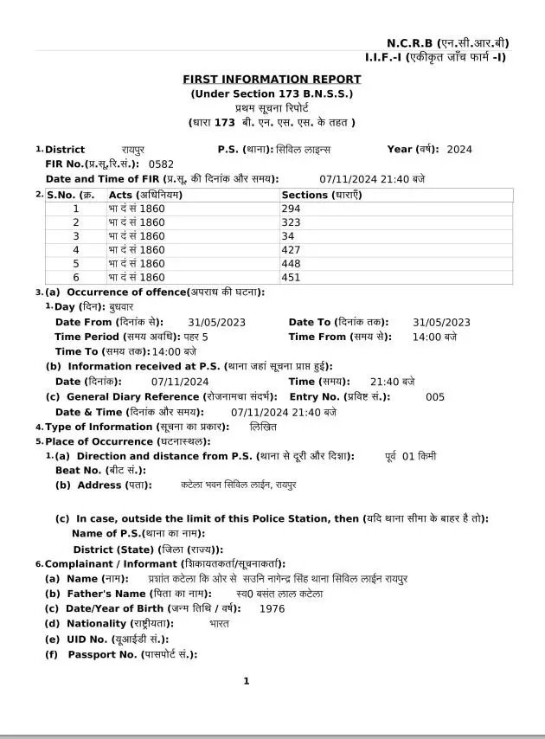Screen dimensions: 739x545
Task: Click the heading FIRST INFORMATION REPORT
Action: [272, 80]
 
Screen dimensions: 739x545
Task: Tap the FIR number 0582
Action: [161, 164]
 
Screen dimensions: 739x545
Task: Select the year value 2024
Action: [459, 149]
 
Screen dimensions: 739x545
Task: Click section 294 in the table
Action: [292, 209]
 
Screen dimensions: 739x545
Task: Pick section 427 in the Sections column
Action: [292, 249]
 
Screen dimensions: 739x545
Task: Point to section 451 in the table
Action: [292, 277]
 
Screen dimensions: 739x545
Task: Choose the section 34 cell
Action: [288, 236]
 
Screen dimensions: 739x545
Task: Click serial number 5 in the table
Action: [76, 263]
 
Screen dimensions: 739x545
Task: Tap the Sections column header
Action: [322, 195]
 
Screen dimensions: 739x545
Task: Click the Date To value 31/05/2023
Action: [441, 322]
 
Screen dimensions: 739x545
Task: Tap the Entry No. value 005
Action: [435, 397]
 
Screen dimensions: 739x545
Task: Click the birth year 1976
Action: [272, 608]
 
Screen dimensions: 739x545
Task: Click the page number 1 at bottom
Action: [247, 681]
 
